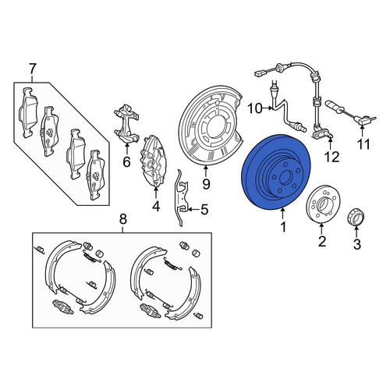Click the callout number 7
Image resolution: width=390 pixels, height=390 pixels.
pos(32,69)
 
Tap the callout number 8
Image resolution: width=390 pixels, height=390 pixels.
pos(122,219)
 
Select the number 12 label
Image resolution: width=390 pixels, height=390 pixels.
pos(331,157)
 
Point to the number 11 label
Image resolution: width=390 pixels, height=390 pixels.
pos(363,144)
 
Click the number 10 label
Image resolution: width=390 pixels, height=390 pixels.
pos(255,108)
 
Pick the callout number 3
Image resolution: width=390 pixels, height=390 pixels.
pos(357,244)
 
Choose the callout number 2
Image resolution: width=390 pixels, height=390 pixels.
pos(322,241)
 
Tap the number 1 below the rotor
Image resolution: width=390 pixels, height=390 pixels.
pos(283,227)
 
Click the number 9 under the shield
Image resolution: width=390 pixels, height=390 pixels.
pos(206,184)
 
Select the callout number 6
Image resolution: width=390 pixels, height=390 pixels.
pos(126,162)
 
